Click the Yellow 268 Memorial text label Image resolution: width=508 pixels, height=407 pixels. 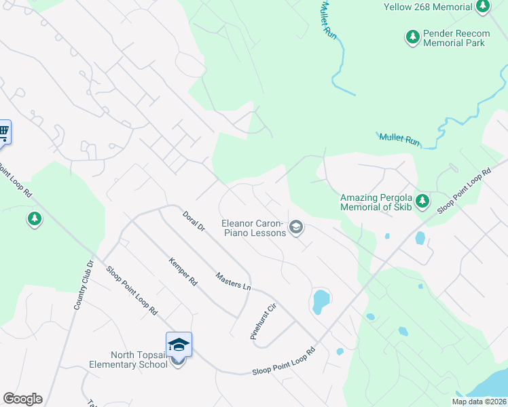coord(428,7)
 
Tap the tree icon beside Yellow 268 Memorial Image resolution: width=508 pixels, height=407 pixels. coord(483,7)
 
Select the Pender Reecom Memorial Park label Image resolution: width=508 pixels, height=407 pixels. coord(454,37)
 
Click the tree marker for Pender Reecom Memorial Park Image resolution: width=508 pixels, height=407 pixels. coord(412,36)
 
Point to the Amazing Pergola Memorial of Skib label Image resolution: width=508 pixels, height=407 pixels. coord(376,202)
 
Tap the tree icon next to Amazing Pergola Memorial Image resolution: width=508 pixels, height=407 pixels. coord(422,201)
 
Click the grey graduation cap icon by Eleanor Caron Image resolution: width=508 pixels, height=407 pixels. coord(295,228)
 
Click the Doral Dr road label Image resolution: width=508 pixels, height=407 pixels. coord(194,222)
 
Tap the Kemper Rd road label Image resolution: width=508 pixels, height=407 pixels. coord(182,271)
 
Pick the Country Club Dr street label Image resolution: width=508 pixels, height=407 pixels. coord(83,285)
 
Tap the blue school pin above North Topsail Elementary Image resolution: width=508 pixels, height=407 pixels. coord(179,344)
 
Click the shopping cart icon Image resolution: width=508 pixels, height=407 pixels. coord(3,131)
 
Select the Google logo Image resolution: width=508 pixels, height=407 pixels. coord(22,399)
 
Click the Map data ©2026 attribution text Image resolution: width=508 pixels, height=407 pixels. coord(479,402)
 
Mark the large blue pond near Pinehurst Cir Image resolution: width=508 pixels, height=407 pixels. coord(321,301)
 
